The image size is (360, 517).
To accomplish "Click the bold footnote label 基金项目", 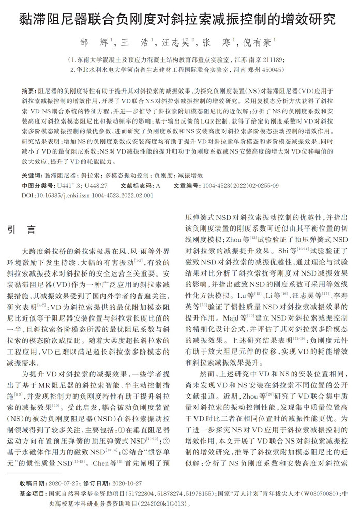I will point(32,493).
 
